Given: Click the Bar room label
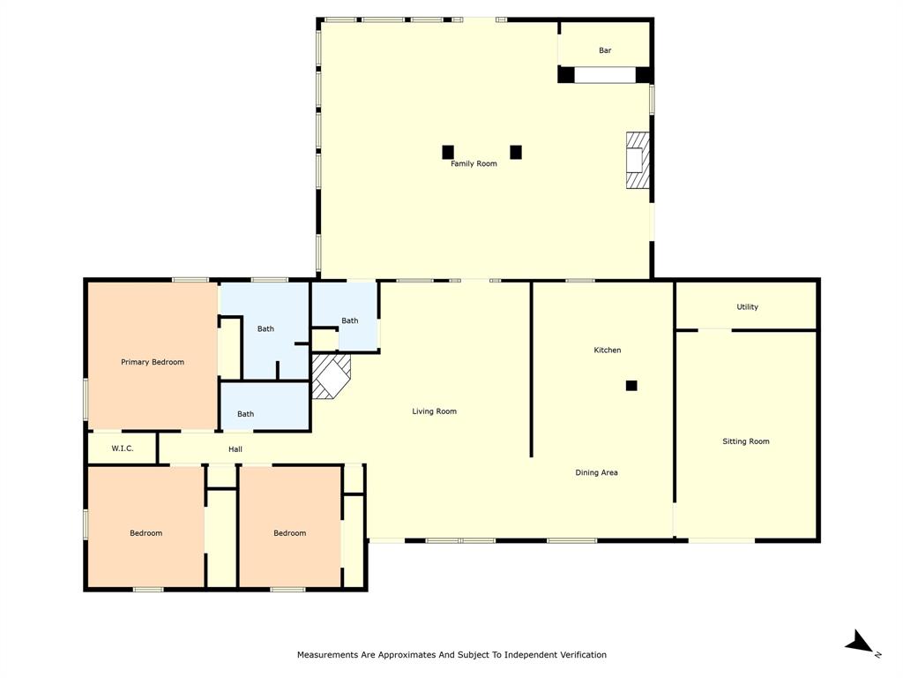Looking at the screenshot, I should click(605, 50).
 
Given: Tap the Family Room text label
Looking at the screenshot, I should click(474, 163).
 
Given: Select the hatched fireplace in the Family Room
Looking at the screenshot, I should click(637, 160).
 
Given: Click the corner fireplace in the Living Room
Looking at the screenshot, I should click(329, 377).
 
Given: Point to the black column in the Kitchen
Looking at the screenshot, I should click(631, 386).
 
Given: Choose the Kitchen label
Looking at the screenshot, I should click(607, 350).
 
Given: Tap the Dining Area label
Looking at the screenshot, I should click(596, 472).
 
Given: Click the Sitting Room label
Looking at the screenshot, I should click(746, 441).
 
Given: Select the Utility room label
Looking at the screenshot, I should click(747, 307).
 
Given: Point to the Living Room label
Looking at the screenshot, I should click(434, 411).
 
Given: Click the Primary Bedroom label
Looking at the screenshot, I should click(153, 362).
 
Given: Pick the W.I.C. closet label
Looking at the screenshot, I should click(123, 448).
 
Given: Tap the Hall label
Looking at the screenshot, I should click(235, 449).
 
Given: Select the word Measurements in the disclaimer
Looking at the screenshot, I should click(326, 655).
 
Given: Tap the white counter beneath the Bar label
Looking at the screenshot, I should click(605, 75).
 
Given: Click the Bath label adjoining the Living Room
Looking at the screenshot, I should click(350, 320).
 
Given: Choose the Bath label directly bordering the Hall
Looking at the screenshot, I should click(245, 414).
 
